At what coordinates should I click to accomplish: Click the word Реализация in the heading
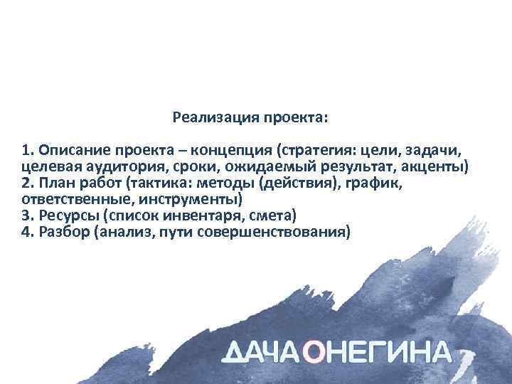pyautogui.click(x=208, y=116)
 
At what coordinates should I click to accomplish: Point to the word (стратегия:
pyautogui.click(x=318, y=151)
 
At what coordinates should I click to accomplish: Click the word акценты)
pyautogui.click(x=434, y=167)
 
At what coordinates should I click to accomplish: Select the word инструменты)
pyautogui.click(x=191, y=200)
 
